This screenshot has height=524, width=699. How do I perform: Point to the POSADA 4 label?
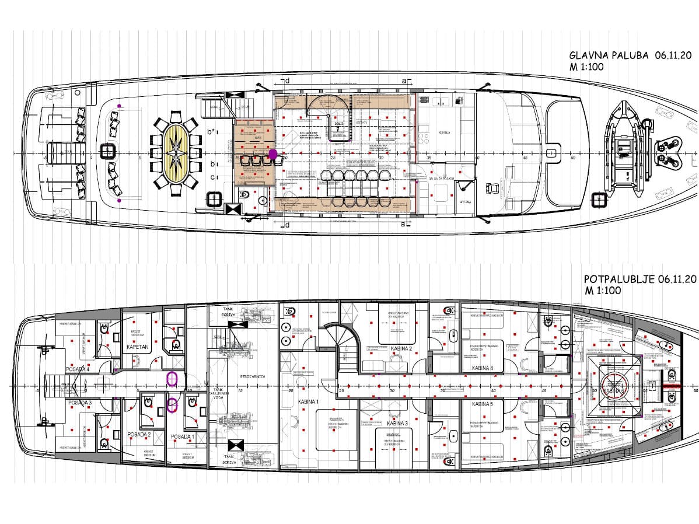click(79, 369)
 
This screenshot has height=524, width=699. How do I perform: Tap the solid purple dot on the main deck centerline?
click(272, 154)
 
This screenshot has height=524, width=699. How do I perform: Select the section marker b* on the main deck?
click(212, 132)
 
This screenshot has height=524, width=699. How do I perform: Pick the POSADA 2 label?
click(139, 434)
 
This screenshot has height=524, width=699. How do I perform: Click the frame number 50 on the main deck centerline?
click(572, 157)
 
